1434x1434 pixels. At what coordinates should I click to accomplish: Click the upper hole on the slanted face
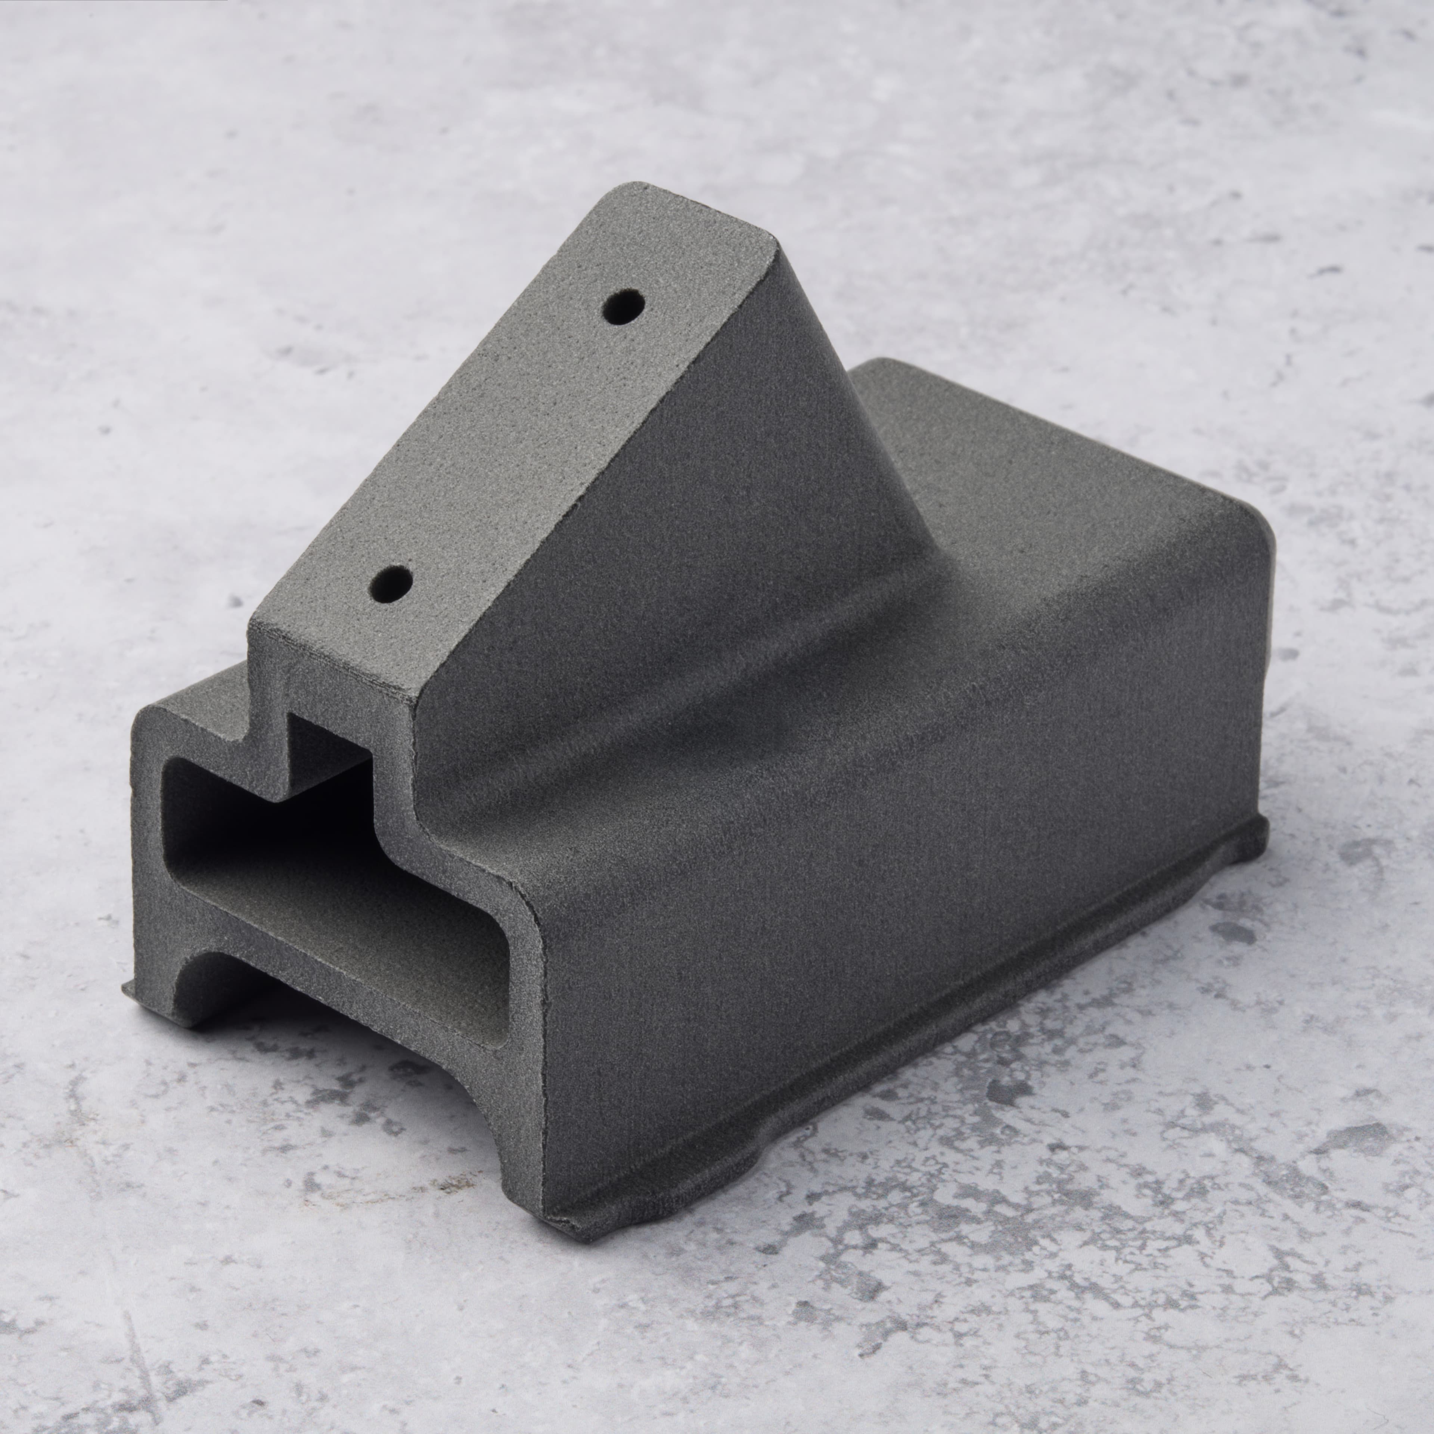tap(624, 306)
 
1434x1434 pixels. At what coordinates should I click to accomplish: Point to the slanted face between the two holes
tap(512, 446)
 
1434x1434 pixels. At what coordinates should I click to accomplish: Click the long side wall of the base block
tap(891, 854)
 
